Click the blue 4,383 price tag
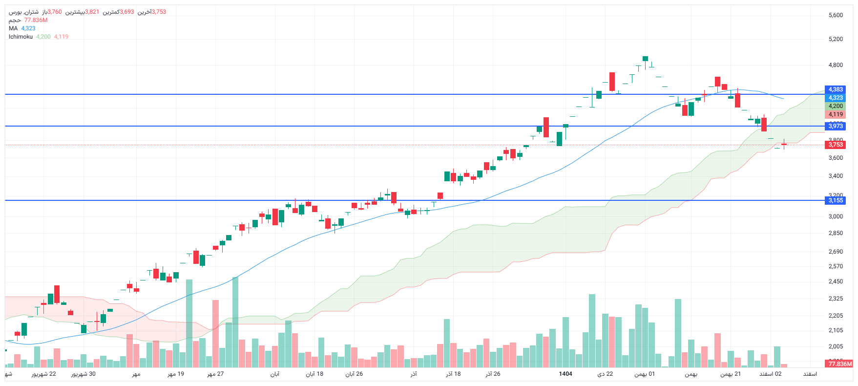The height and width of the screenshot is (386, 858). click(x=836, y=89)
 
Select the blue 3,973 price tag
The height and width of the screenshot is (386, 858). click(x=836, y=126)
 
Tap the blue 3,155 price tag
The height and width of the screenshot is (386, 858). click(x=836, y=200)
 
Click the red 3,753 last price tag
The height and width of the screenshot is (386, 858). click(x=836, y=145)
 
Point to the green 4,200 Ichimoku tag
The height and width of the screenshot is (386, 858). click(x=836, y=106)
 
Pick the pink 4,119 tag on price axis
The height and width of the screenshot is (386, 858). click(x=836, y=114)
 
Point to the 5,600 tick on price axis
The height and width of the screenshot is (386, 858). click(x=836, y=15)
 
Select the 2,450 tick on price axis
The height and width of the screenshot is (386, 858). click(x=836, y=281)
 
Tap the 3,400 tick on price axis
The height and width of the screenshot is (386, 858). click(x=836, y=176)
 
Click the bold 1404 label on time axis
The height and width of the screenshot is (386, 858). click(x=565, y=374)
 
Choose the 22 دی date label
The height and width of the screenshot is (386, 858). click(x=605, y=374)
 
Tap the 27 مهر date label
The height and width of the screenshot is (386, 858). click(x=215, y=374)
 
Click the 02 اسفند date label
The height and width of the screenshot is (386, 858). click(x=771, y=374)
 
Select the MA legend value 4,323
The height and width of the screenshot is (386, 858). click(x=28, y=28)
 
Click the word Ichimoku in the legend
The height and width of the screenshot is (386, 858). click(x=21, y=37)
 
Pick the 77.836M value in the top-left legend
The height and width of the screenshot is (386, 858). click(x=36, y=20)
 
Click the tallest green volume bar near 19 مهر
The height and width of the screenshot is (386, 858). click(x=189, y=322)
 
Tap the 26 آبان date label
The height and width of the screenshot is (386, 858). click(x=354, y=374)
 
